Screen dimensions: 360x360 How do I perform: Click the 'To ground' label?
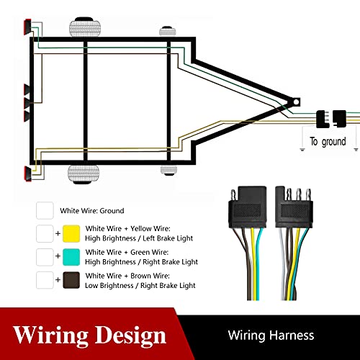(x=328, y=142)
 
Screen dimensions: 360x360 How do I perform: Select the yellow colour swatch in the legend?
(x=71, y=234)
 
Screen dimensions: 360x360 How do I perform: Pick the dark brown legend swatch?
(x=71, y=280)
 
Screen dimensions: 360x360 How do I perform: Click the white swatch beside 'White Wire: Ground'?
(x=45, y=211)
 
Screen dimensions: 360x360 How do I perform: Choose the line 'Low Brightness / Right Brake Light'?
(x=140, y=285)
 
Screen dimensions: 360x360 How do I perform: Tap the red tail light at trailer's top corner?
(x=26, y=27)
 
